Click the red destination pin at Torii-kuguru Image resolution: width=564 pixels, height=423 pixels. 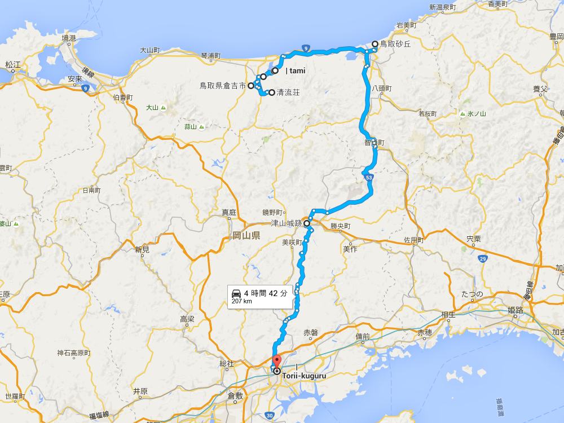276,362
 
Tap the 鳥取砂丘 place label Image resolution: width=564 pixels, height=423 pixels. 395,43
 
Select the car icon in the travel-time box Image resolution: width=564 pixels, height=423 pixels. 236,293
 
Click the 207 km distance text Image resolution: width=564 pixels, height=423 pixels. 241,301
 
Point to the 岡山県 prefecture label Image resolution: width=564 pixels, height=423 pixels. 246,235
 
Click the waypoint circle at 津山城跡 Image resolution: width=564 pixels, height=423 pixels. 307,223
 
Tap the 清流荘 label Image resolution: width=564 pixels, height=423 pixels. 288,92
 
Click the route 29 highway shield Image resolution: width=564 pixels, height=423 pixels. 482,258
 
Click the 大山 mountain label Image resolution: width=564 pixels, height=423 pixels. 152,107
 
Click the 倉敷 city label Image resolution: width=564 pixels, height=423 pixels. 235,396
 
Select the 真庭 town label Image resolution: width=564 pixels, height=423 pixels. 228,212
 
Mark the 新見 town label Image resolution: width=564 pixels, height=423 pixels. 142,249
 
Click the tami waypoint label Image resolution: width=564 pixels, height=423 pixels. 296,71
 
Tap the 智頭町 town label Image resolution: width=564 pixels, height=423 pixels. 374,143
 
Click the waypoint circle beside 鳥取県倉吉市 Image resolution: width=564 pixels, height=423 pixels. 251,86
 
